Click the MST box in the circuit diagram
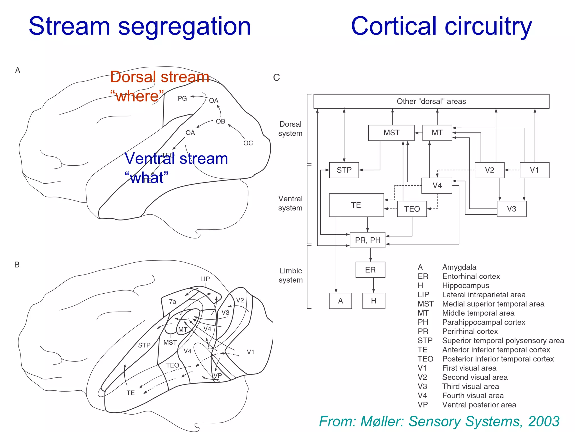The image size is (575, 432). [x=391, y=133]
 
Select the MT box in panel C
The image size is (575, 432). [x=437, y=133]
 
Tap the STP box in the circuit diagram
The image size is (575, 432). [x=344, y=170]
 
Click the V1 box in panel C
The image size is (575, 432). [x=534, y=170]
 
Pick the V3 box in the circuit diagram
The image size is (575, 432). [x=511, y=209]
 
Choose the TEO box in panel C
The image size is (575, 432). [x=412, y=209]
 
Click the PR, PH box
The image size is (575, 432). [x=368, y=240]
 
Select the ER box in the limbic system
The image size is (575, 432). [x=370, y=270]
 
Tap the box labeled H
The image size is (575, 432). [x=374, y=301]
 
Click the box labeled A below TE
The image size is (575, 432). [x=340, y=301]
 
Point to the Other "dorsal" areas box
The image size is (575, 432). [x=431, y=101]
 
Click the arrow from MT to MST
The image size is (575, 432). [x=418, y=133]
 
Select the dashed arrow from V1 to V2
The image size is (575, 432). [x=512, y=170]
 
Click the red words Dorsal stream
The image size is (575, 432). [x=159, y=77]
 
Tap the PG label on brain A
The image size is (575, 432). [x=182, y=98]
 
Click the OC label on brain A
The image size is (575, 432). [x=248, y=143]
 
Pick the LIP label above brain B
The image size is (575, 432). [x=205, y=279]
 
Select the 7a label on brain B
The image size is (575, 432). [x=172, y=301]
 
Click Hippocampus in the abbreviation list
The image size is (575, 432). [x=466, y=285]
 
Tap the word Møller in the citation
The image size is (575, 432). [x=382, y=422]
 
